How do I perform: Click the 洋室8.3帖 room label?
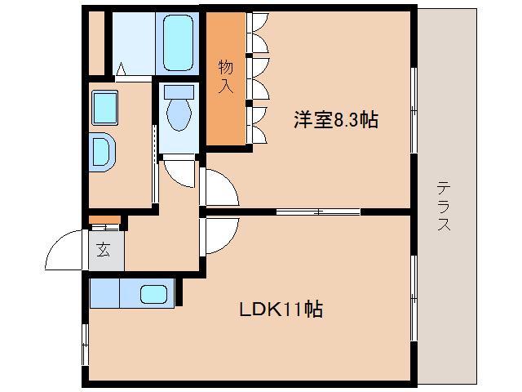pyautogui.click(x=335, y=120)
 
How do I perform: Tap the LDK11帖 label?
pyautogui.click(x=281, y=310)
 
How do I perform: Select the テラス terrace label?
pyautogui.click(x=444, y=206)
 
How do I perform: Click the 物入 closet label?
pyautogui.click(x=224, y=76)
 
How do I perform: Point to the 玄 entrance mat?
pyautogui.click(x=105, y=252)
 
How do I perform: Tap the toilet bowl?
pyautogui.click(x=178, y=114)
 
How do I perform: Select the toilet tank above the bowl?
pyautogui.click(x=178, y=91)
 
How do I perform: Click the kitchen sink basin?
pyautogui.click(x=154, y=293)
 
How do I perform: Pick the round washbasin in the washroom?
pyautogui.click(x=104, y=152)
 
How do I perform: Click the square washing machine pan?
pyautogui.click(x=105, y=105)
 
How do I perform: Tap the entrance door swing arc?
pyautogui.click(x=65, y=253)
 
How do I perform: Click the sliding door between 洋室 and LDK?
pyautogui.click(x=318, y=212)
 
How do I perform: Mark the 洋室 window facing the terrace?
pyautogui.click(x=414, y=109)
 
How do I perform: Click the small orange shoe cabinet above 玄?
pyautogui.click(x=104, y=220)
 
